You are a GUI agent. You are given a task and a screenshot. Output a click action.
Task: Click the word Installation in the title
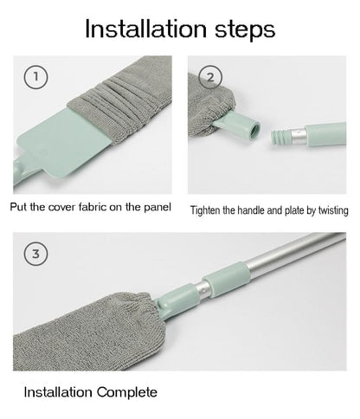tap(146, 29)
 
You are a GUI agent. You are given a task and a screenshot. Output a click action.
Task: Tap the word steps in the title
tap(245, 30)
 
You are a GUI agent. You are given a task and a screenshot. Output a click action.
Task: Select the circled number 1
tap(35, 77)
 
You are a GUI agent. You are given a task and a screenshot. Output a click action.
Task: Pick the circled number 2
tap(210, 77)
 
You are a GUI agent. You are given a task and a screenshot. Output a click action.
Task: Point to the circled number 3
tap(35, 254)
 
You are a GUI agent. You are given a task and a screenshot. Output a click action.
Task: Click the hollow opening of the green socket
tap(254, 131)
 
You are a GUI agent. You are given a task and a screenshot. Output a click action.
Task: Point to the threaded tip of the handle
tap(280, 137)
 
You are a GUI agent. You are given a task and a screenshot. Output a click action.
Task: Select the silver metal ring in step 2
tap(298, 136)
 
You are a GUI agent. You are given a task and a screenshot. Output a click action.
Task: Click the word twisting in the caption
tap(333, 210)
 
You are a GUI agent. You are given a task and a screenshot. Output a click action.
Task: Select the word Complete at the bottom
tap(127, 392)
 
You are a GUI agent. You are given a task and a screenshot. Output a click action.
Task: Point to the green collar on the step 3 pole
tap(226, 280)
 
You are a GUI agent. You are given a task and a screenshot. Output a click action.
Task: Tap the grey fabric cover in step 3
tap(84, 332)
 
